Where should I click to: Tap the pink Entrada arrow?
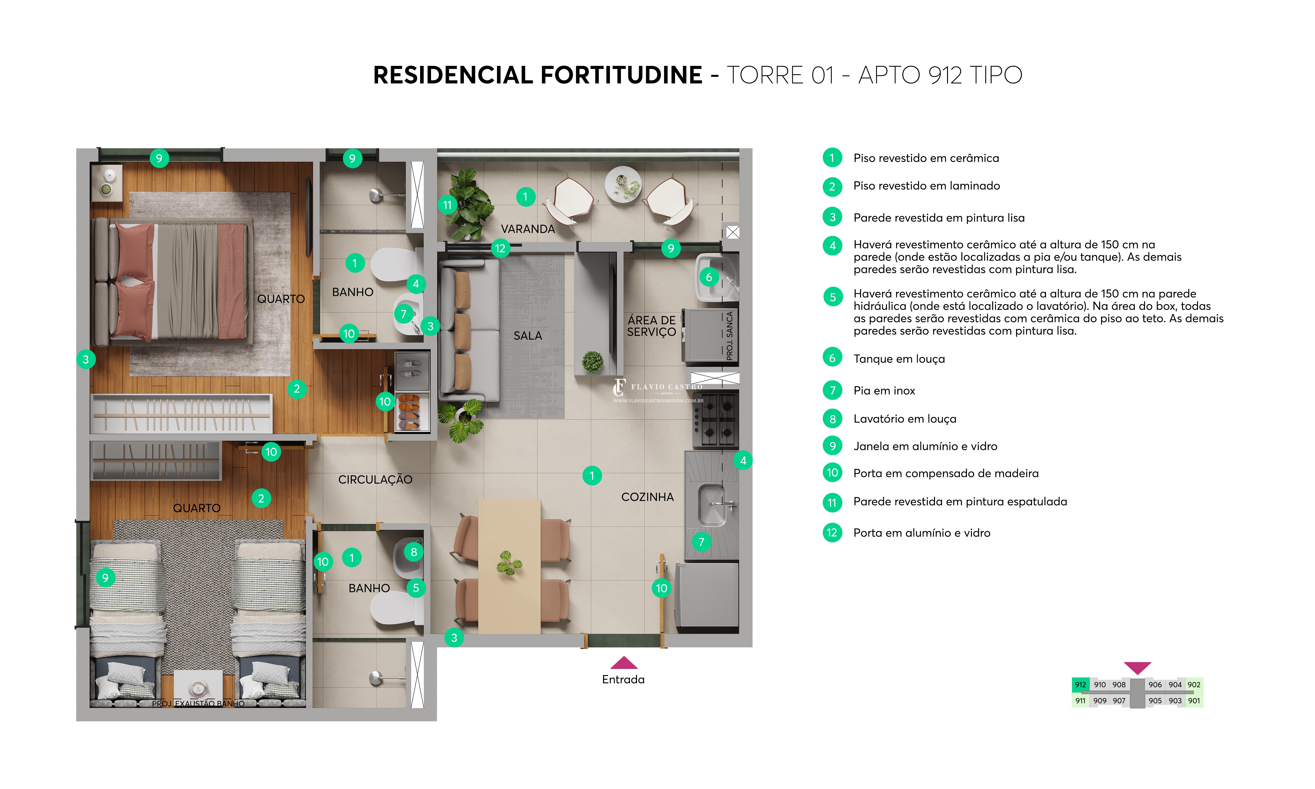(x=623, y=662)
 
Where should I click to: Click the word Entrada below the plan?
(x=623, y=680)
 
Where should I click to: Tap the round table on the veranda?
(x=623, y=184)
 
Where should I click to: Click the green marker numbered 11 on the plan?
(x=447, y=205)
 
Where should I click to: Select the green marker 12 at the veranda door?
(x=500, y=248)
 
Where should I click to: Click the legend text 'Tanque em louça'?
(x=899, y=359)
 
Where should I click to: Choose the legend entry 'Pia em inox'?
(x=884, y=391)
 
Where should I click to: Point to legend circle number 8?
(x=832, y=419)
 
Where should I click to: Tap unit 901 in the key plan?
(x=1194, y=701)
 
